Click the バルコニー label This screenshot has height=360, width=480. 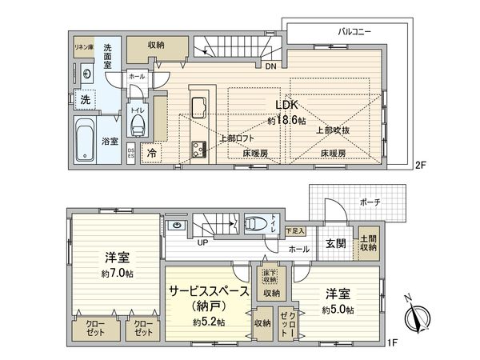click(353, 31)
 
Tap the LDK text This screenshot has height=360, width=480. click(288, 105)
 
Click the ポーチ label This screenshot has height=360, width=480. click(370, 202)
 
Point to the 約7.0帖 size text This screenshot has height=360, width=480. click(118, 273)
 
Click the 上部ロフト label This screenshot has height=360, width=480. click(236, 138)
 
